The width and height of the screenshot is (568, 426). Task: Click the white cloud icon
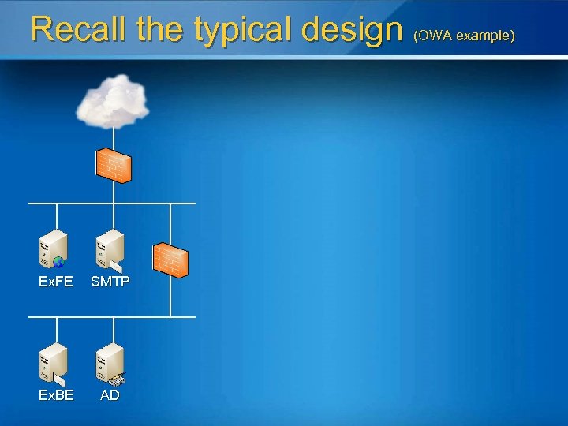pyautogui.click(x=113, y=100)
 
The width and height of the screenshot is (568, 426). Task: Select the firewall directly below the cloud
pyautogui.click(x=113, y=165)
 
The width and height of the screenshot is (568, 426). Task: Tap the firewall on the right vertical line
pyautogui.click(x=170, y=260)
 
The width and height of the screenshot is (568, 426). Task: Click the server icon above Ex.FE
pyautogui.click(x=54, y=249)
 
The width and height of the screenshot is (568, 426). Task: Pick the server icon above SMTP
pyautogui.click(x=110, y=249)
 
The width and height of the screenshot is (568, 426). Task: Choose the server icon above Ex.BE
pyautogui.click(x=54, y=362)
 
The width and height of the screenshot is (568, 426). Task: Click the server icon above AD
pyautogui.click(x=110, y=362)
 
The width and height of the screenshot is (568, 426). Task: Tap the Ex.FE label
pyautogui.click(x=56, y=282)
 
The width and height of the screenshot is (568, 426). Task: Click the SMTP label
pyautogui.click(x=110, y=282)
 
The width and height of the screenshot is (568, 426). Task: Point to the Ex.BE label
pyautogui.click(x=56, y=395)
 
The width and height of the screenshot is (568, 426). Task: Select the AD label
pyautogui.click(x=110, y=395)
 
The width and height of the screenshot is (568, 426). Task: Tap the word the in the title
pyautogui.click(x=162, y=30)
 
